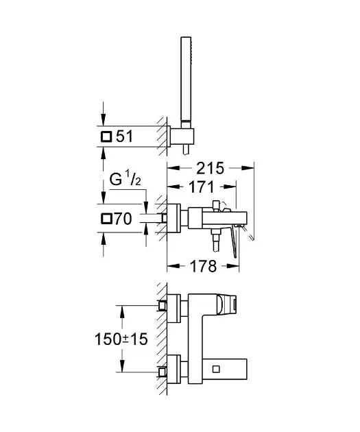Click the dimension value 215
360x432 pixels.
210,168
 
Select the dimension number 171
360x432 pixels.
202,187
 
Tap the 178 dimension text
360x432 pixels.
203,266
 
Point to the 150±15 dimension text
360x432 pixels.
121,339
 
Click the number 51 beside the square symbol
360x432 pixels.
125,136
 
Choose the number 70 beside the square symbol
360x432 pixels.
123,219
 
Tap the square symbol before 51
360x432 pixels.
106,136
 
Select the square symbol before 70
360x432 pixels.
106,219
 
